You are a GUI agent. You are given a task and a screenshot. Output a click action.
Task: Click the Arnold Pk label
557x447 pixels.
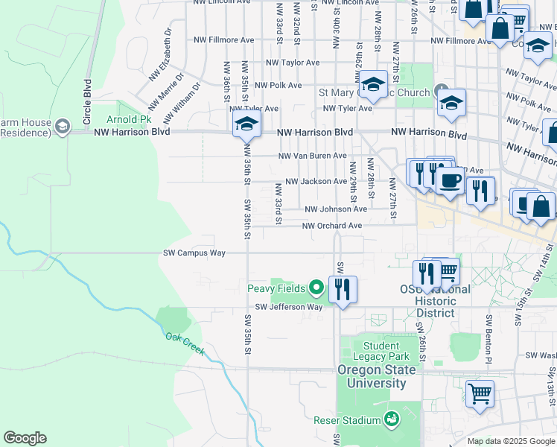pos(129,119)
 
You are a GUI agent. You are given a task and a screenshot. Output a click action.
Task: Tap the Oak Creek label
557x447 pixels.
pos(182,342)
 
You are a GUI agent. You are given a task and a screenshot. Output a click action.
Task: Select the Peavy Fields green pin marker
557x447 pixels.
pos(316,287)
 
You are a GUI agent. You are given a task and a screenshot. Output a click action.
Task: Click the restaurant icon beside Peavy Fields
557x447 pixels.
pos(343,288)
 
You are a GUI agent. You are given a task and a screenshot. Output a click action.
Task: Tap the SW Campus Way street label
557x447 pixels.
pos(194,253)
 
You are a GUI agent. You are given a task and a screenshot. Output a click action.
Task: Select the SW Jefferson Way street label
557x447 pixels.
pos(289,307)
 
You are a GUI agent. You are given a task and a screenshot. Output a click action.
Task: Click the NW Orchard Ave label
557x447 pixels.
pos(332,226)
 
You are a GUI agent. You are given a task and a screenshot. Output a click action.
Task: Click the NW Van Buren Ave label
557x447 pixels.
pos(313,156)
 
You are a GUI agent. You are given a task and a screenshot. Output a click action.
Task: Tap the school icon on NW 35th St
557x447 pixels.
pos(246,125)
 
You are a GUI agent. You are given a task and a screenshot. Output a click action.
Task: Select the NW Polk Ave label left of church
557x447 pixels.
pos(278,86)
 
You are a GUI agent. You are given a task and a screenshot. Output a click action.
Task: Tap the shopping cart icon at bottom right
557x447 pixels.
pos(480,393)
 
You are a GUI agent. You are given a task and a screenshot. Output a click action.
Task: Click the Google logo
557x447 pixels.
pos(25,439)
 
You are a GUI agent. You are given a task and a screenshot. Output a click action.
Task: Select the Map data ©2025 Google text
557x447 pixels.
pos(511,441)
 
